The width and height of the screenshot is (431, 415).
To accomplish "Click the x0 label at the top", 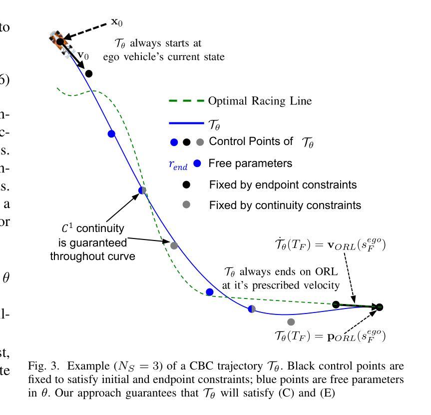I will [x=117, y=23].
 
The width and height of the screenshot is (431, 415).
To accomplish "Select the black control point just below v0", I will [x=89, y=74].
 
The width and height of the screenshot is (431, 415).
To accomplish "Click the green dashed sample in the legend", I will [x=185, y=101].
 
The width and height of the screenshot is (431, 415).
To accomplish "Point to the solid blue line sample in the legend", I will [x=185, y=121].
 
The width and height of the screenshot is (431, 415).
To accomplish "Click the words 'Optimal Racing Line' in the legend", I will [x=260, y=101].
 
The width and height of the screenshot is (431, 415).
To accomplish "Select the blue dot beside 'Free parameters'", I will [x=197, y=163].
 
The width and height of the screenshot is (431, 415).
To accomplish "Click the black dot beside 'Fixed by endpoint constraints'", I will [x=187, y=184].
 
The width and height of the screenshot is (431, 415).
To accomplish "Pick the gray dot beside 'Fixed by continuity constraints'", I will [x=187, y=204].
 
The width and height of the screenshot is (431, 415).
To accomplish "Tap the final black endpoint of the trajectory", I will [x=380, y=307].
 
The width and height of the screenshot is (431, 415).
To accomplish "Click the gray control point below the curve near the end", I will [x=291, y=321].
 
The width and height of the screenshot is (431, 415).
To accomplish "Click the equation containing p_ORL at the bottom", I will [x=330, y=335].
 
